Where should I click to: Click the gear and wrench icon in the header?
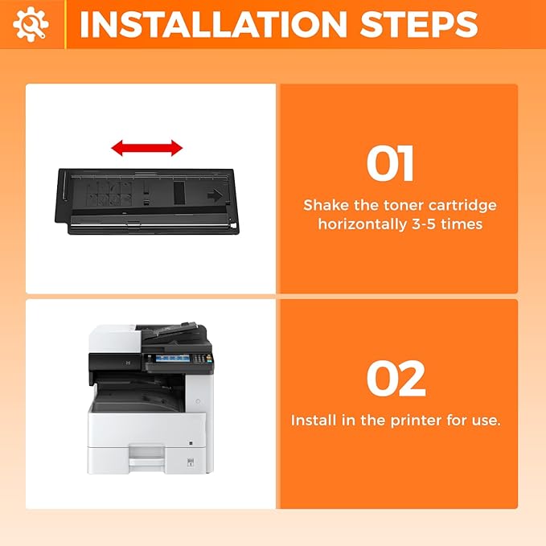pos(31,25)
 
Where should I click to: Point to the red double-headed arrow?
pos(147,148)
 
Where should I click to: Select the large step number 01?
pos(391,163)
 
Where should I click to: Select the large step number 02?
pos(396,379)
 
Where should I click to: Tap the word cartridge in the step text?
pos(460,205)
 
